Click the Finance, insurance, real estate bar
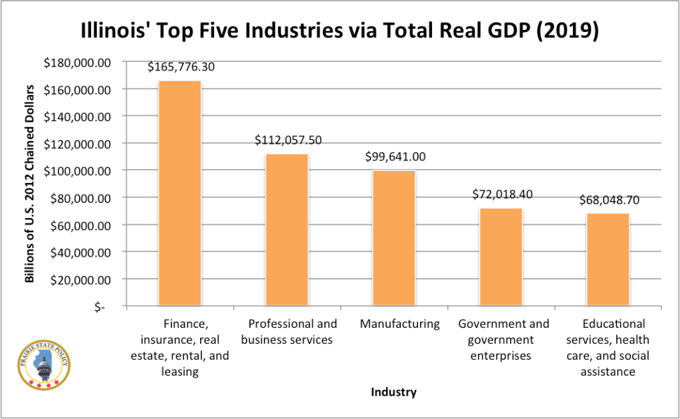coord(179,194)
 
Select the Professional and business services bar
coord(286,230)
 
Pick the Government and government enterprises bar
coord(501,257)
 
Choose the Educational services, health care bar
coord(608,260)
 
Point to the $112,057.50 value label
coord(288,140)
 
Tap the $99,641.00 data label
coord(396,157)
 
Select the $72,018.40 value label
coord(503,194)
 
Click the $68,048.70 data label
coord(609,200)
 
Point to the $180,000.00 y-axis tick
coord(77,63)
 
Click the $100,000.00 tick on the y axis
coord(77,171)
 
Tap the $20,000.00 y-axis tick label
coord(80,279)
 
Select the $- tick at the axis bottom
coord(100,307)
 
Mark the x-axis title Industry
coord(394,392)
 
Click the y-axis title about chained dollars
coord(30,184)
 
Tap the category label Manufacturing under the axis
coord(399,324)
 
